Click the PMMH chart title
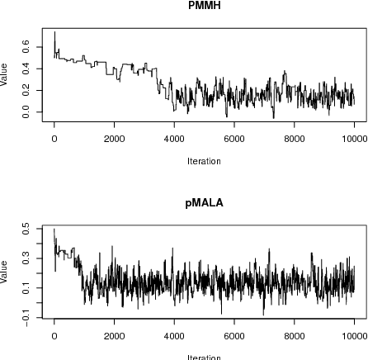204,6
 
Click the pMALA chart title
204,201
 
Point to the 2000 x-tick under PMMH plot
115,140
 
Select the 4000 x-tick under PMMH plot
174,140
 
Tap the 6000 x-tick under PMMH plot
234,140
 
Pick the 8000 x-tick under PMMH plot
295,140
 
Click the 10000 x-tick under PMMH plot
354,140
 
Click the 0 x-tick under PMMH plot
54,140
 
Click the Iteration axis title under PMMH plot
204,161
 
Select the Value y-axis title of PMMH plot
6,76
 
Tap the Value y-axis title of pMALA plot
6,271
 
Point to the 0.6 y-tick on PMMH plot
28,49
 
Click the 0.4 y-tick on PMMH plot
28,69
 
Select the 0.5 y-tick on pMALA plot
28,230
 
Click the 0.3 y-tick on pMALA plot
28,259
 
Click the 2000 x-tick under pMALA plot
115,335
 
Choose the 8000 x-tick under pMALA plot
295,335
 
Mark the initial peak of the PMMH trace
54,33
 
